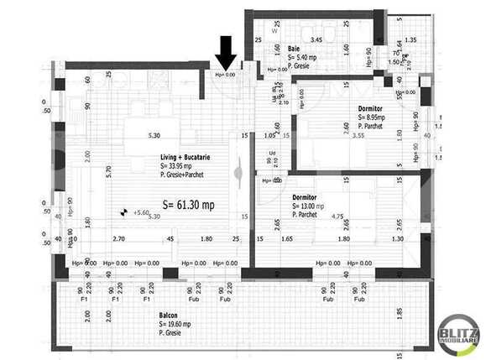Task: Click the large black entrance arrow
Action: pyautogui.click(x=226, y=54)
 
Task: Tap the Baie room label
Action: pyautogui.click(x=295, y=49)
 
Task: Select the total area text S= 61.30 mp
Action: pyautogui.click(x=188, y=204)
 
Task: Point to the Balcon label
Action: pyautogui.click(x=169, y=316)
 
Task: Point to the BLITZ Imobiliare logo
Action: pyautogui.click(x=459, y=337)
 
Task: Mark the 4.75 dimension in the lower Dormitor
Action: pyautogui.click(x=337, y=216)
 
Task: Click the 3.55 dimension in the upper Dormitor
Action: pyautogui.click(x=358, y=135)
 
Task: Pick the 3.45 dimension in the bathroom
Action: pyautogui.click(x=316, y=40)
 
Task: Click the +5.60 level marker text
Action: pyautogui.click(x=140, y=213)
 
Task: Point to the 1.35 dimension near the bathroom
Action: pyautogui.click(x=410, y=40)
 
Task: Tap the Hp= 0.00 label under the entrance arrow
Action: pyautogui.click(x=226, y=75)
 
